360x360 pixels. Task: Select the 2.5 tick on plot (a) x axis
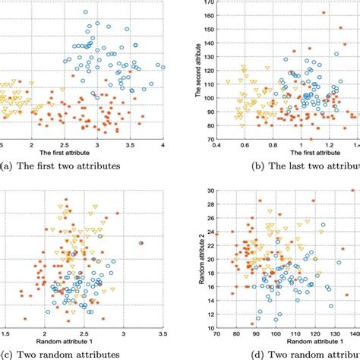[65, 143]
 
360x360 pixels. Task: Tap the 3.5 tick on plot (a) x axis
[130, 143]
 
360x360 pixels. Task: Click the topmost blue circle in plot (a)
[85, 12]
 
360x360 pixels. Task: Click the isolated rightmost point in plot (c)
[141, 243]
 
